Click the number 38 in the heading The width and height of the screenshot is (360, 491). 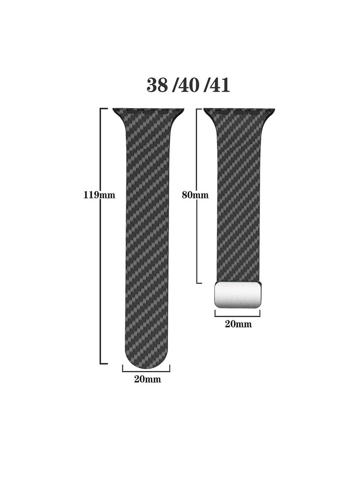[157, 85]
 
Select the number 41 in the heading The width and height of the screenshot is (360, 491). [219, 85]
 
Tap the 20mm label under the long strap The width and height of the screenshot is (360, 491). [147, 379]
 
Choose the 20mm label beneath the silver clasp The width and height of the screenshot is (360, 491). [238, 324]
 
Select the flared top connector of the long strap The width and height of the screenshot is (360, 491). [148, 113]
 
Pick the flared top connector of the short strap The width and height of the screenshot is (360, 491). [239, 113]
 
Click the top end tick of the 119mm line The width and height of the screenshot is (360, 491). [103, 108]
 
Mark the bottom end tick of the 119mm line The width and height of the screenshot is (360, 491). [103, 363]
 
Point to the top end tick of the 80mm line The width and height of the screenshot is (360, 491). [198, 108]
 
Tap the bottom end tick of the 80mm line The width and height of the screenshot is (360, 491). [198, 283]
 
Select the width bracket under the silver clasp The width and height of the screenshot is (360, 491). [238, 314]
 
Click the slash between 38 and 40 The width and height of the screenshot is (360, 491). [173, 85]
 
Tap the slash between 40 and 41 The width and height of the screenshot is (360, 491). [205, 85]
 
